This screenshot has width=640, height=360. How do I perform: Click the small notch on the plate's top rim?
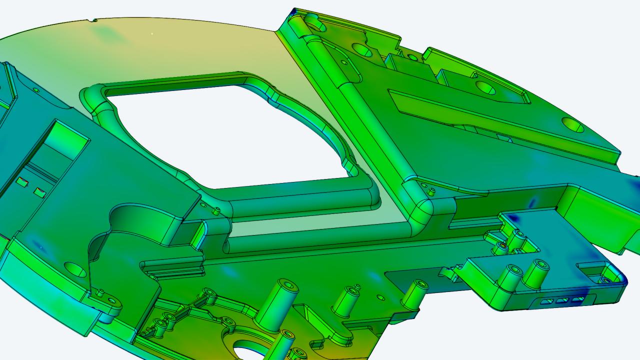[x=91, y=20]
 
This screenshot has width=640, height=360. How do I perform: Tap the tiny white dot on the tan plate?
[x=152, y=34]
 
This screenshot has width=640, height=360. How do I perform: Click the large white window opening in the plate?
[x=225, y=135]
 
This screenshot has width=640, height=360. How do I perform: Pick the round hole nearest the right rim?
[x=573, y=124]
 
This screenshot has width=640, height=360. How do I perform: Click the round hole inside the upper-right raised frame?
[x=485, y=87]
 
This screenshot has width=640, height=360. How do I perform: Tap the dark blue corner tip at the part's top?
[x=295, y=11]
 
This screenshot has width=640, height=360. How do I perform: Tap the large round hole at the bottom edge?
[x=250, y=348]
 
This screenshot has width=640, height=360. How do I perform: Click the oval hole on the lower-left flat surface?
[x=75, y=269]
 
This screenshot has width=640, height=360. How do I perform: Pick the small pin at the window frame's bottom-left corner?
[x=216, y=210]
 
